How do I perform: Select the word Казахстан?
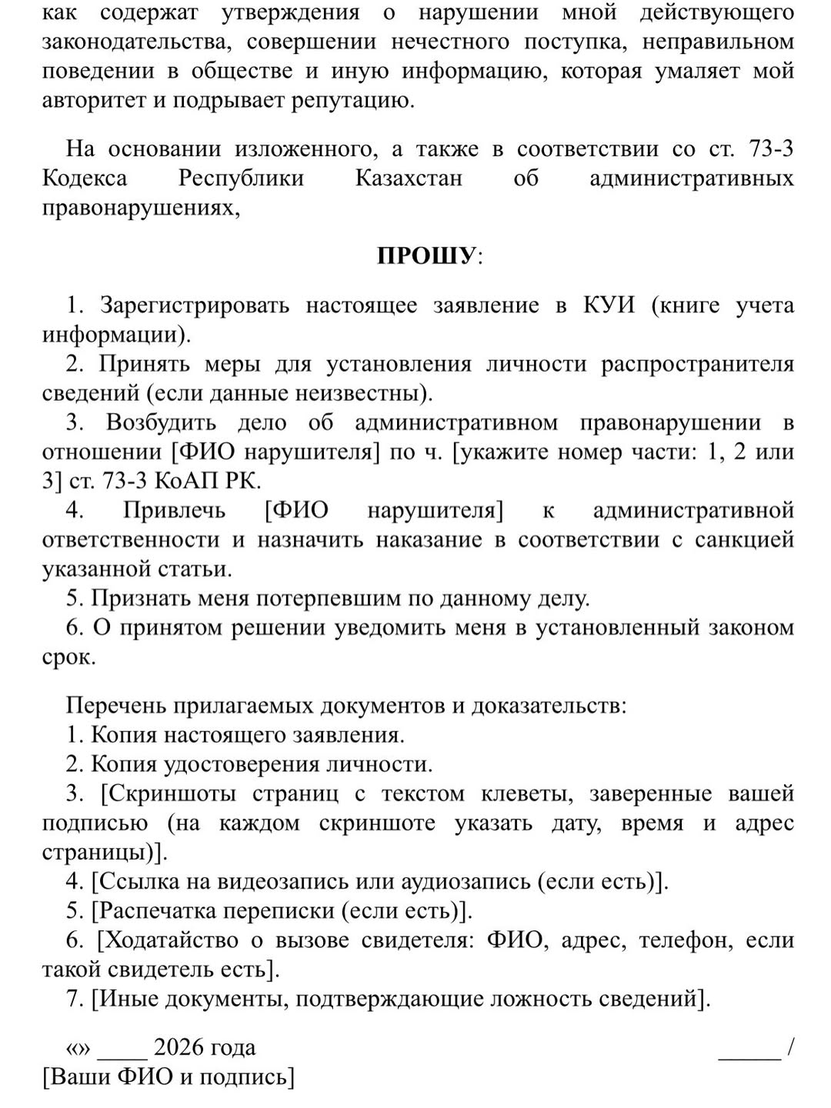(x=409, y=179)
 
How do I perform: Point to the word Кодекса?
(x=85, y=179)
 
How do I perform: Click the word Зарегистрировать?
(x=195, y=305)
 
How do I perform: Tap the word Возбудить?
(x=161, y=422)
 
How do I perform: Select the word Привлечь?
(x=174, y=510)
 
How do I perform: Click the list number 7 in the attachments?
(x=73, y=999)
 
